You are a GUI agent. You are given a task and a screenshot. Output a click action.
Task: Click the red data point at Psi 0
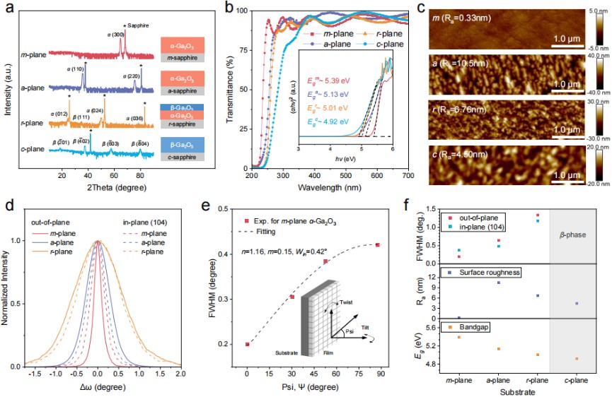247,344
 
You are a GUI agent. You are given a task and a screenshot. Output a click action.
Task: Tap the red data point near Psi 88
378,245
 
